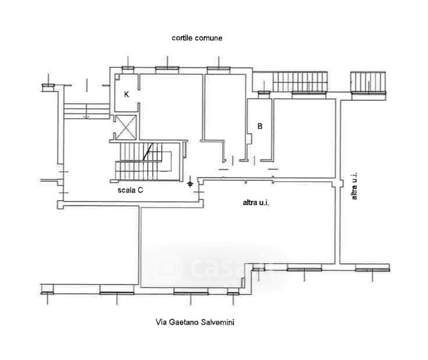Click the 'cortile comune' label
pyautogui.click(x=197, y=38)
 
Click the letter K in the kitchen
pyautogui.click(x=127, y=94)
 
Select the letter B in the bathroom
pyautogui.click(x=259, y=127)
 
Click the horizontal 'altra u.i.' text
pyautogui.click(x=255, y=204)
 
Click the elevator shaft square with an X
pyautogui.click(x=126, y=126)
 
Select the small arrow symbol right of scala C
pyautogui.click(x=190, y=182)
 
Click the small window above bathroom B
pyautogui.click(x=262, y=94)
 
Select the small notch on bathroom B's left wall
pyautogui.click(x=249, y=139)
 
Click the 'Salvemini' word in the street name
pyautogui.click(x=219, y=323)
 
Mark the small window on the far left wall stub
pyautogui.click(x=47, y=88)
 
